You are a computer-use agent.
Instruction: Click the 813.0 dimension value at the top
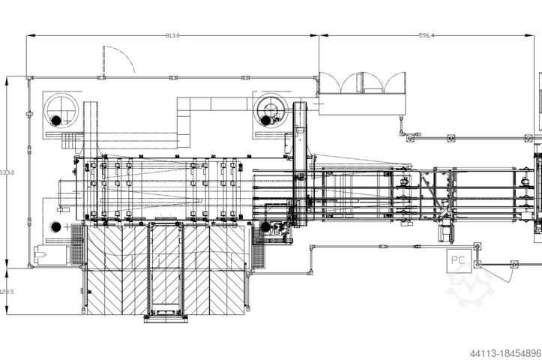click(x=172, y=34)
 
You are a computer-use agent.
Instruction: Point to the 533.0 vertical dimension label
click(x=7, y=172)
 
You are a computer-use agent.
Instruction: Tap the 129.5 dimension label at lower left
click(x=7, y=292)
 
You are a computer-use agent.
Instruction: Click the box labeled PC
click(x=459, y=262)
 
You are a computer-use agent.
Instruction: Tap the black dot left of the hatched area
click(x=55, y=226)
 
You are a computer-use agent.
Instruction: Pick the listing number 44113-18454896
click(x=505, y=352)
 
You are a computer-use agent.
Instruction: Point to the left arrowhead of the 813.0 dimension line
click(x=29, y=35)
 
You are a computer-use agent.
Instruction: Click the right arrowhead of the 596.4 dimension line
click(x=539, y=35)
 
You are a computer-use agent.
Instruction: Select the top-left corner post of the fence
click(x=30, y=77)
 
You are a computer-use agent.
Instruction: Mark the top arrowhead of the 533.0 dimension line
click(x=7, y=78)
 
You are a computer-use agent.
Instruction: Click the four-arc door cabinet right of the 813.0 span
click(x=362, y=83)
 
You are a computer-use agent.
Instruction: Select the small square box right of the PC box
click(x=514, y=264)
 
